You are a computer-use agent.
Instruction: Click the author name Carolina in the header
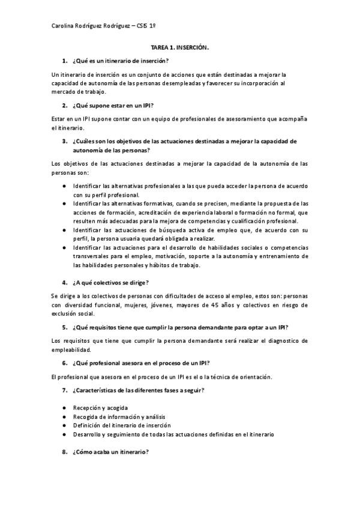[64, 26]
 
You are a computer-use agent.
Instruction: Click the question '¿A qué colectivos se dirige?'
[110, 282]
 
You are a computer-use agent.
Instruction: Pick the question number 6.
[64, 363]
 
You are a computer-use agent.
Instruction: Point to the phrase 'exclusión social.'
[73, 313]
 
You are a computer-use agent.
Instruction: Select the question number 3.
[64, 142]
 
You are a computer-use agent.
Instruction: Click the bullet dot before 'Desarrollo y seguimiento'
[64, 434]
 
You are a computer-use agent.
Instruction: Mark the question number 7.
[64, 391]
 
